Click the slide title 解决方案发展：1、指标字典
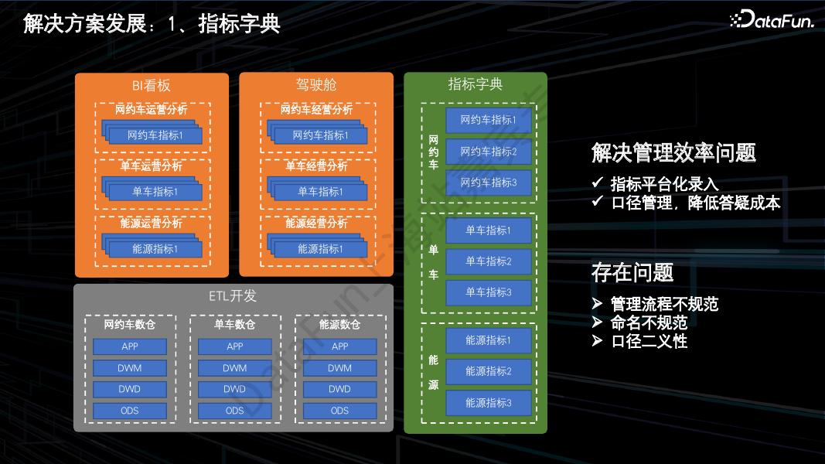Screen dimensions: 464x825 [x=152, y=23]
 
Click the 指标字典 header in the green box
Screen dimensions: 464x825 [x=476, y=84]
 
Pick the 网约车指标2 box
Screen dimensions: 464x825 [x=489, y=152]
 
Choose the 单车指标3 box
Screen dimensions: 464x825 [x=489, y=292]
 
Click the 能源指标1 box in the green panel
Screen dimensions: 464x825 [x=489, y=340]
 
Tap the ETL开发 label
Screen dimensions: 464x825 [x=233, y=296]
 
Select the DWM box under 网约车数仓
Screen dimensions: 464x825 [x=130, y=368]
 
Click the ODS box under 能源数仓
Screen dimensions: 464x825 [x=339, y=411]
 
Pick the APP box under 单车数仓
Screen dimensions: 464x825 [x=235, y=346]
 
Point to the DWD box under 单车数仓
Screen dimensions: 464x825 [x=235, y=389]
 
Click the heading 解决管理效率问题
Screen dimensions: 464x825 [x=673, y=153]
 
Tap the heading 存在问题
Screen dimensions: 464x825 [x=632, y=272]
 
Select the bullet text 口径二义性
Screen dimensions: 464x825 [x=649, y=341]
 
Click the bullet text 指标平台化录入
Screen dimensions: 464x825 [x=664, y=184]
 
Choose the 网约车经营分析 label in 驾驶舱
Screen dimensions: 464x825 [x=316, y=110]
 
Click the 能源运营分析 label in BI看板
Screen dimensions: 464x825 [x=152, y=223]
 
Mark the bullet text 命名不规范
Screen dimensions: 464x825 [x=649, y=322]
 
